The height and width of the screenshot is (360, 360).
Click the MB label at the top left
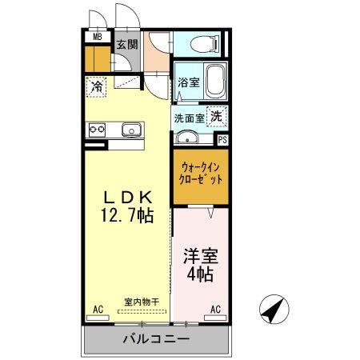click(97, 37)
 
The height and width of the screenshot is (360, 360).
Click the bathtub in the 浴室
click(215, 80)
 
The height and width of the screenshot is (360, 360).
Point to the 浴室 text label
click(188, 82)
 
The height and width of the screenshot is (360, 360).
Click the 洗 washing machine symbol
click(216, 115)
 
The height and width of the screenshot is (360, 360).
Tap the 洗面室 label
click(189, 118)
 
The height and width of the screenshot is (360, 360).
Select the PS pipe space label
click(222, 139)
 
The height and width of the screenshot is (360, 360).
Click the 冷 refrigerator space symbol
click(97, 85)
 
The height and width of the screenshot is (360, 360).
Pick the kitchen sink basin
click(130, 130)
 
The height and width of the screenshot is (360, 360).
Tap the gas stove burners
click(98, 130)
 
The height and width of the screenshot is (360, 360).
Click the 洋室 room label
click(200, 258)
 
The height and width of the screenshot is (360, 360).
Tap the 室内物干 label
click(142, 302)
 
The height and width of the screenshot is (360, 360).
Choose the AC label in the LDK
click(98, 308)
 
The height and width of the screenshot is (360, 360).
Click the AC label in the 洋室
click(215, 308)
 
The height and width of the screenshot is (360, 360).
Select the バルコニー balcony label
click(155, 339)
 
